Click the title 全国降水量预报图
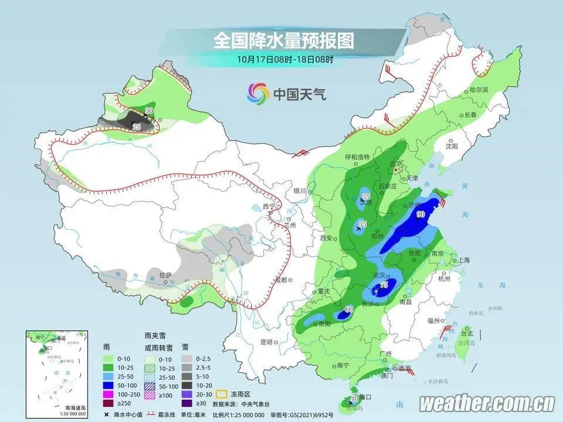click(284, 40)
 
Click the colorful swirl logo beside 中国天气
click(258, 93)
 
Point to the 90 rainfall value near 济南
click(420, 215)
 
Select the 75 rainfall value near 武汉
click(384, 285)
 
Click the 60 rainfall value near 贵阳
click(348, 309)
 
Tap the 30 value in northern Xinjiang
click(149, 111)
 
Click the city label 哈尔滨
click(479, 90)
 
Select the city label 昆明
click(267, 342)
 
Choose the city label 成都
click(280, 280)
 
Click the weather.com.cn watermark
click(487, 403)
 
